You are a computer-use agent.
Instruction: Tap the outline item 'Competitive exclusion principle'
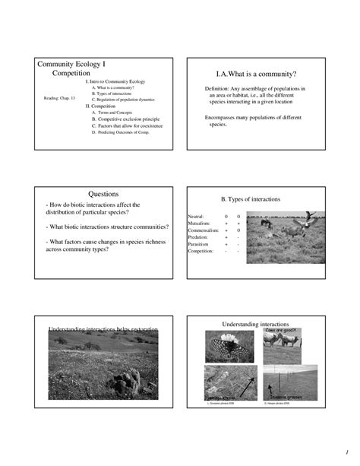(126, 119)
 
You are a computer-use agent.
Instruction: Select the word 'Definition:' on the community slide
(219, 88)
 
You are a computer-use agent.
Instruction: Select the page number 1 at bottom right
(345, 445)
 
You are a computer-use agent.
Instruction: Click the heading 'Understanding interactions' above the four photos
(257, 324)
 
